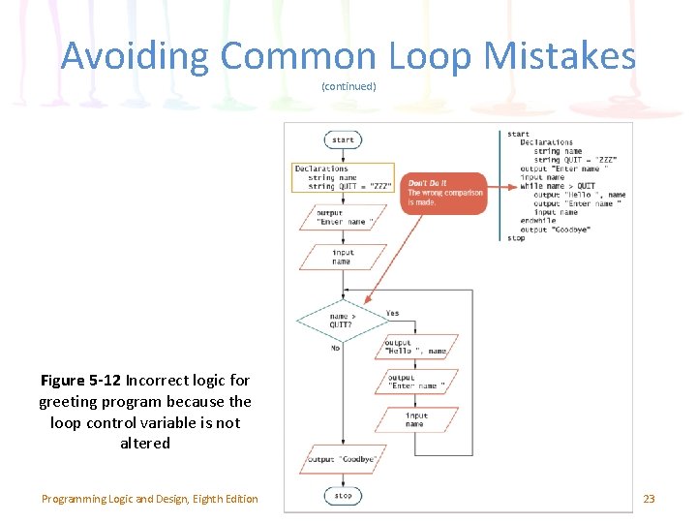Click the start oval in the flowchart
(344, 140)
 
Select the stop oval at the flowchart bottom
(344, 496)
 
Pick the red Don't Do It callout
(445, 193)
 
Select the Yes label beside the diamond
(392, 313)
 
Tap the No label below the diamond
(335, 348)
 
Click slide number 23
(649, 499)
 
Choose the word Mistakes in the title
(561, 56)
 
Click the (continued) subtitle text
(348, 87)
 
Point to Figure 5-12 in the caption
(82, 381)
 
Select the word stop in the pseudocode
(516, 238)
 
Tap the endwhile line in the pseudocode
(537, 221)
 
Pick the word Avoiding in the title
(135, 56)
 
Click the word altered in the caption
(145, 444)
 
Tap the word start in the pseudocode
(518, 134)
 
